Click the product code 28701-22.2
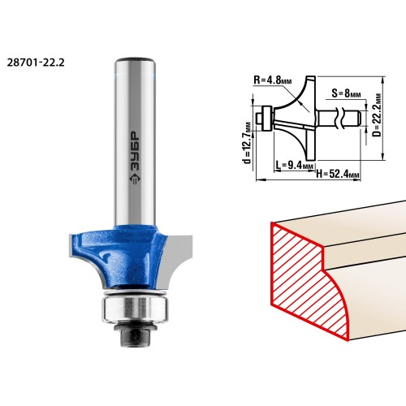[x=36, y=63]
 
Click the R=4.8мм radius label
[x=273, y=80]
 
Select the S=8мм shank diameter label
[x=346, y=93]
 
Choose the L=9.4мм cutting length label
[x=295, y=164]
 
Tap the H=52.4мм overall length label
[x=338, y=174]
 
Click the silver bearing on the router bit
[x=135, y=309]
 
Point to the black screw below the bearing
[x=135, y=334]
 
